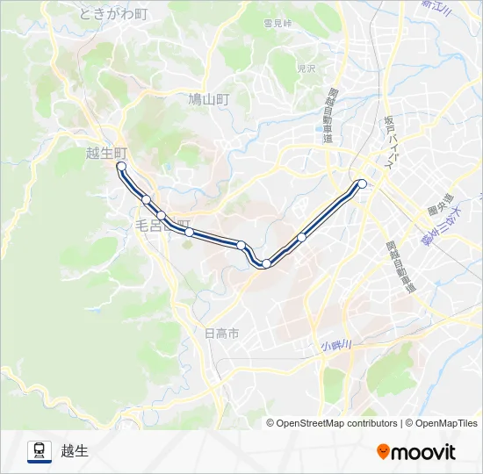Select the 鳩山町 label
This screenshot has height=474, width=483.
click(208, 100)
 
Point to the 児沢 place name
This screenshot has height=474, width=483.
click(306, 68)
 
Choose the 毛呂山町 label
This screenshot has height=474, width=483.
click(162, 226)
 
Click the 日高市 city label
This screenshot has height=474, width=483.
click(221, 334)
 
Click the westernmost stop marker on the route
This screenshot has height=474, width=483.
click(121, 166)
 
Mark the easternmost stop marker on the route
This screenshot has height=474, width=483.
click(362, 183)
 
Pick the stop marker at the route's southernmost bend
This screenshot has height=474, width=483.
click(266, 263)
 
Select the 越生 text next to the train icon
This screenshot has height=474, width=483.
click(76, 451)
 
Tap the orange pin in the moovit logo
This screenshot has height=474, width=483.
click(383, 452)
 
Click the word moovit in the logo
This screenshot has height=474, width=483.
click(423, 452)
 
